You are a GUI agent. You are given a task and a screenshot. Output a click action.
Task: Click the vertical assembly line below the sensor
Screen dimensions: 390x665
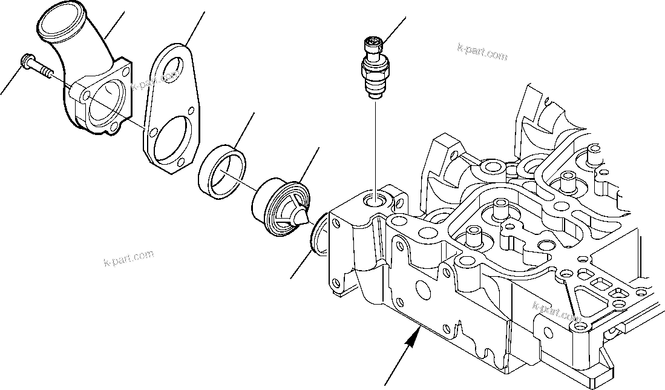tap(376, 145)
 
